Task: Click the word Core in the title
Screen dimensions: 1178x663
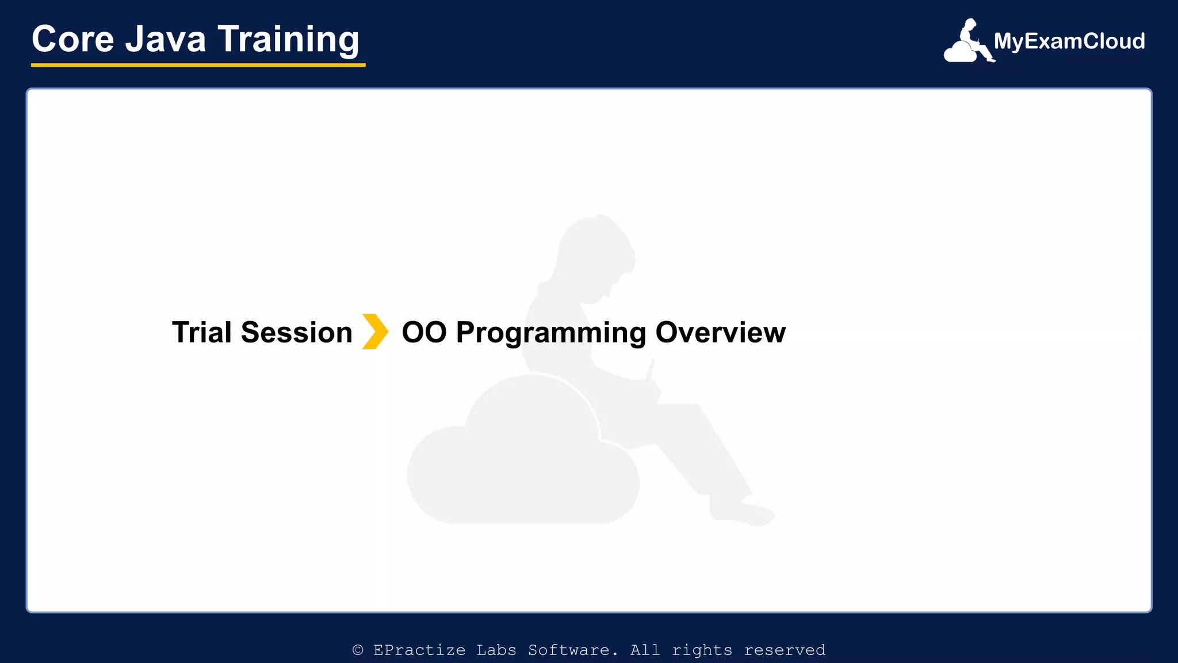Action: pyautogui.click(x=73, y=39)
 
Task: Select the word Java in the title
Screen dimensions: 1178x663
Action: pyautogui.click(x=166, y=39)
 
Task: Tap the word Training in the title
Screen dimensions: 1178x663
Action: pyautogui.click(x=288, y=40)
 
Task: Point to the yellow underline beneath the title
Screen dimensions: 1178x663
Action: pyautogui.click(x=198, y=65)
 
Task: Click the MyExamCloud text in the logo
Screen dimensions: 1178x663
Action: pyautogui.click(x=1069, y=41)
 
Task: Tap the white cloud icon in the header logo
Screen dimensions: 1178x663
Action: pyautogui.click(x=961, y=52)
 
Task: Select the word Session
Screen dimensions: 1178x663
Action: pyautogui.click(x=296, y=333)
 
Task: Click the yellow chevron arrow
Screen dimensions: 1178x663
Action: pyautogui.click(x=375, y=331)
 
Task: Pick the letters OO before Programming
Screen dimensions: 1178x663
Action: pyautogui.click(x=424, y=333)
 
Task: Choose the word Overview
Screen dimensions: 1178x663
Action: pyautogui.click(x=721, y=333)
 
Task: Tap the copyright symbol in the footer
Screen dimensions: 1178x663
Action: pyautogui.click(x=358, y=650)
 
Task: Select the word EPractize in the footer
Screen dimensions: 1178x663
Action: pyautogui.click(x=419, y=650)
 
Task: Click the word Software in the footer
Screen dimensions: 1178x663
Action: pyautogui.click(x=573, y=650)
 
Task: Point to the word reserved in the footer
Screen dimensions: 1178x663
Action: pyautogui.click(x=785, y=650)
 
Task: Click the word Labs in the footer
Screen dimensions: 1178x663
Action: pyautogui.click(x=496, y=650)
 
